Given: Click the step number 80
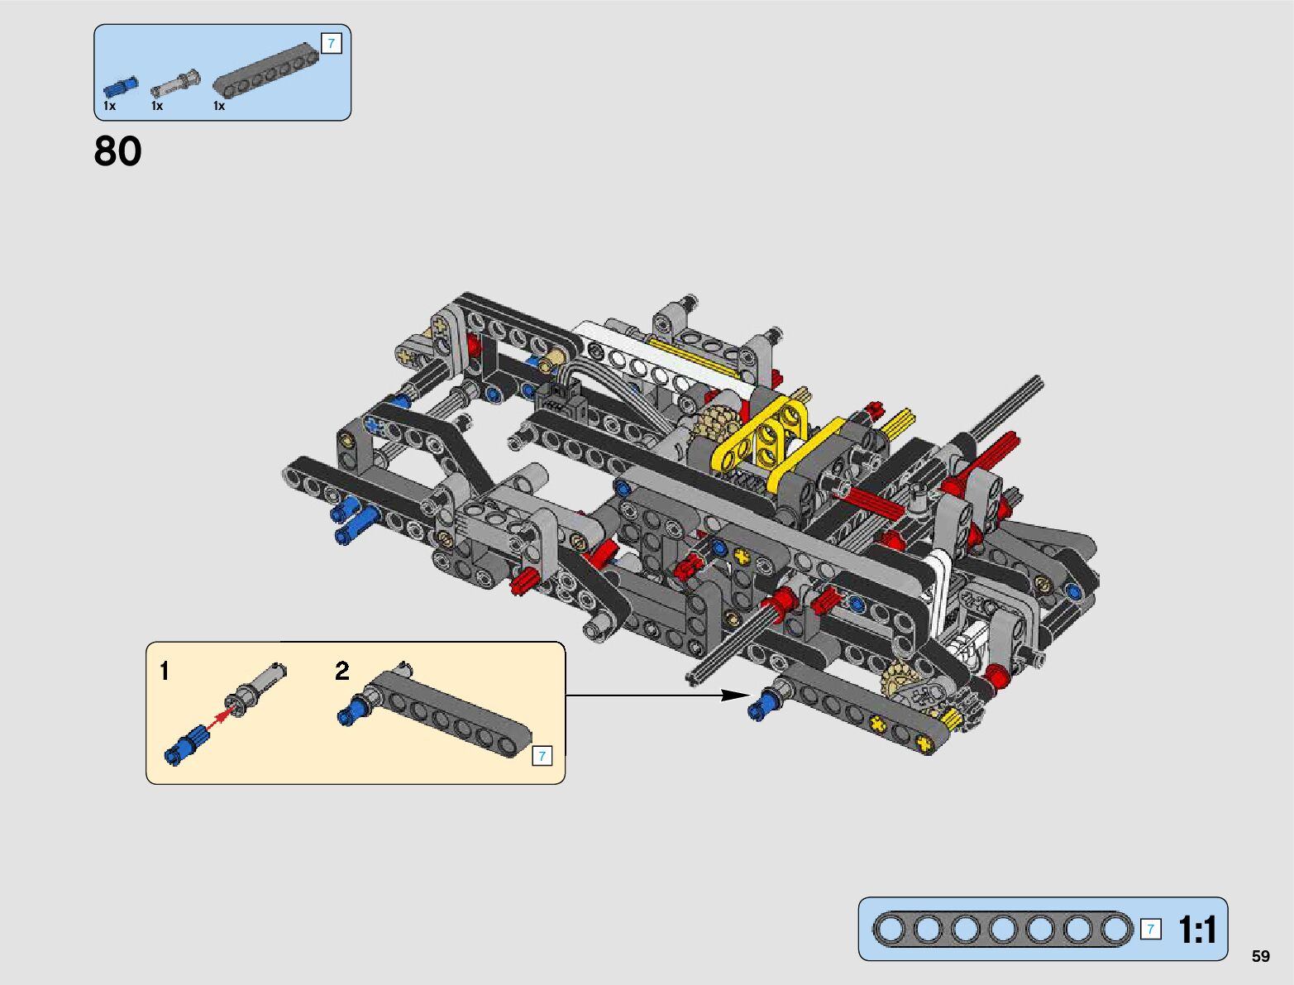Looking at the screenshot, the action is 117,151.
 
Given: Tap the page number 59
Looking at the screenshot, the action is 1260,955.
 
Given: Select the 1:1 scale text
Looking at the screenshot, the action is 1197,930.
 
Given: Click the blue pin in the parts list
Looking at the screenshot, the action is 121,87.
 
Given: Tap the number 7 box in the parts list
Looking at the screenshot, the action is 332,43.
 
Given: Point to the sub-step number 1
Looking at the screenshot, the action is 165,671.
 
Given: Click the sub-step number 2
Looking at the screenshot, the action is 342,671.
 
